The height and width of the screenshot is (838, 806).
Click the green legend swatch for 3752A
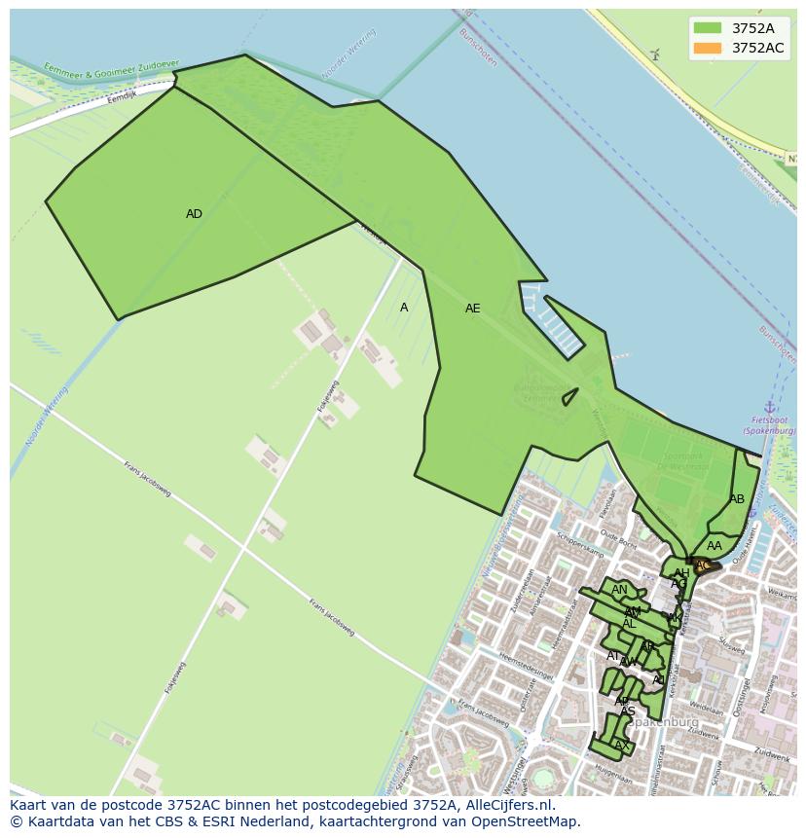coord(708,28)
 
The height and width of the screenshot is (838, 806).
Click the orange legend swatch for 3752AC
coord(708,48)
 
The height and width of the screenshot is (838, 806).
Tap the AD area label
coord(194,214)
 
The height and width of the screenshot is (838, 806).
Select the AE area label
coord(472,309)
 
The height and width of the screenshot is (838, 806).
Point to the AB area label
coord(737,499)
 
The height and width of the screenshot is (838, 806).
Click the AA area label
coord(714,546)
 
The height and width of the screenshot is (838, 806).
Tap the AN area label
coord(619,590)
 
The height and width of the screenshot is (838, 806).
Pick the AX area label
coord(621,747)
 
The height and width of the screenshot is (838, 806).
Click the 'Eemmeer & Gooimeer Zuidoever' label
coord(111,69)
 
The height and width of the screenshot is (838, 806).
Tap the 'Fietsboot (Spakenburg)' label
coord(769,425)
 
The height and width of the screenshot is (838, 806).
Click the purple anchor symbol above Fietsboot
coord(769,407)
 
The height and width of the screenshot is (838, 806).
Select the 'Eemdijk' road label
coord(123,97)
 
